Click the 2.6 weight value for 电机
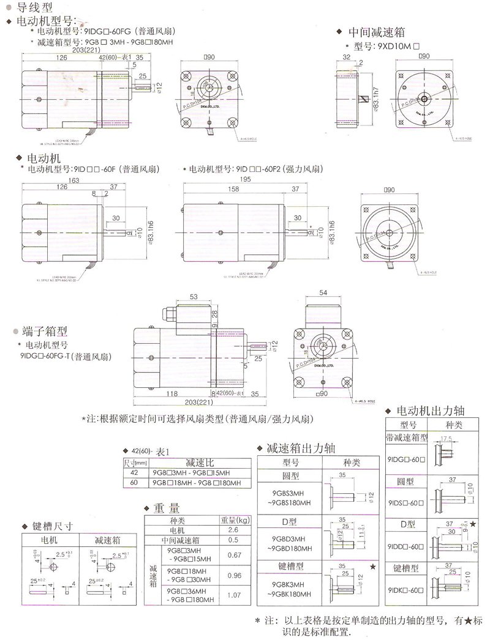coord(233,530)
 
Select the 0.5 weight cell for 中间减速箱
coord(233,540)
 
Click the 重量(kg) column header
coord(235,520)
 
